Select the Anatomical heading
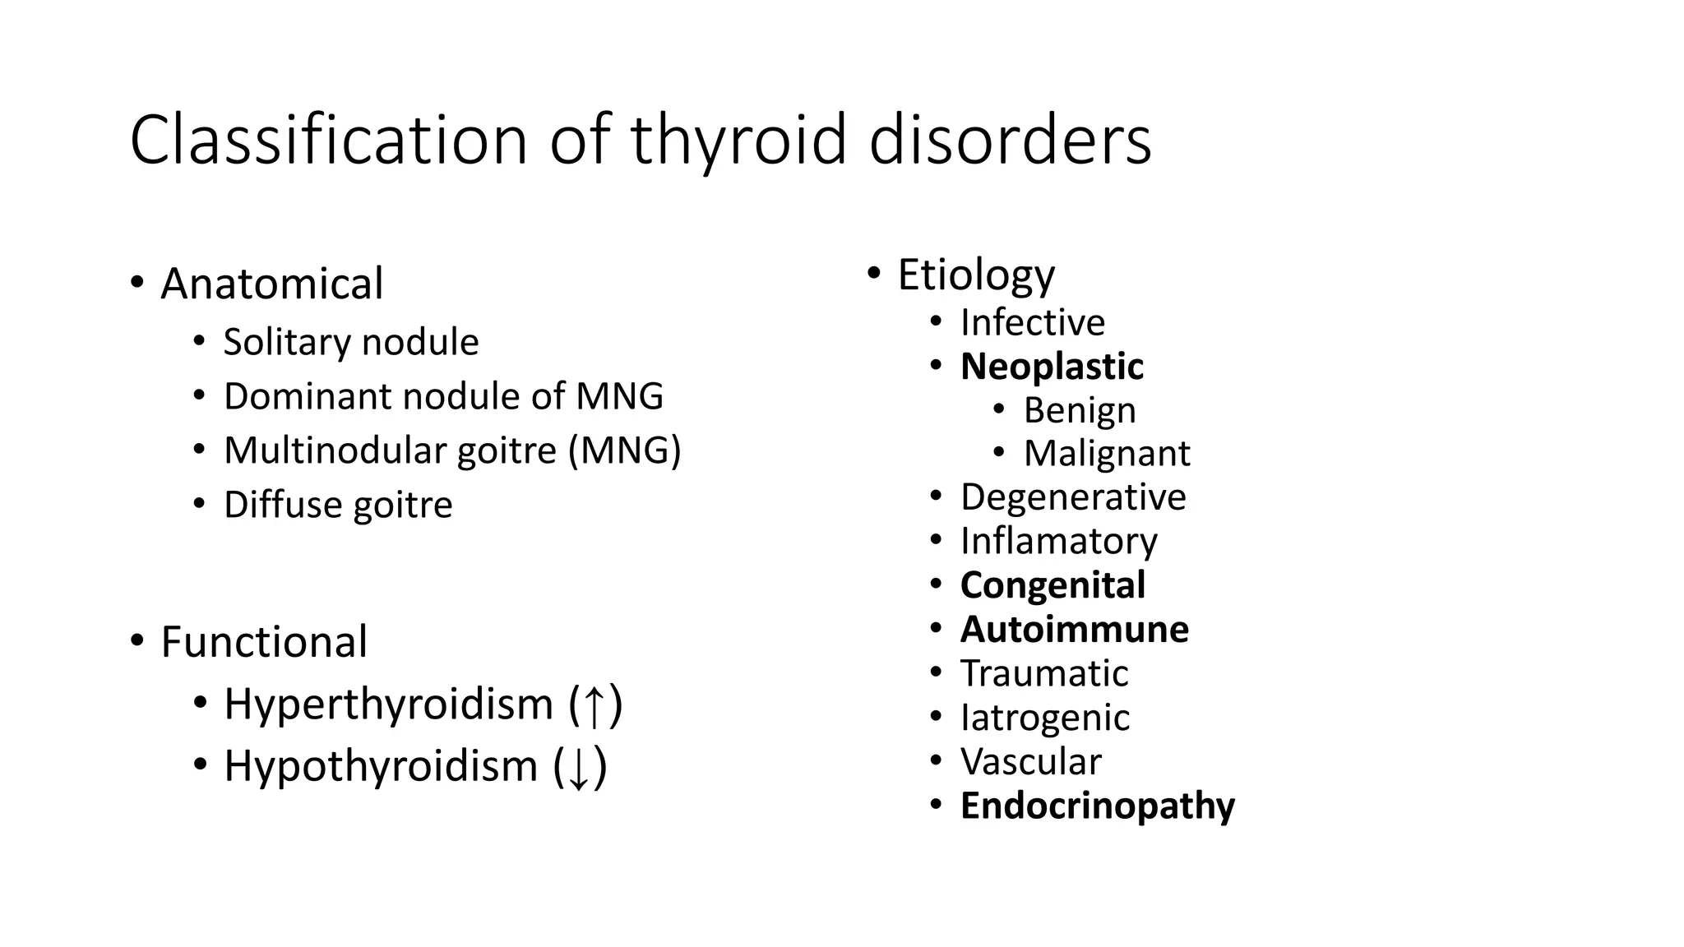click(x=271, y=284)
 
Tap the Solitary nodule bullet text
click(x=350, y=342)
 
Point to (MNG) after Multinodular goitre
click(x=625, y=450)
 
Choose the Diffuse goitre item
click(x=337, y=505)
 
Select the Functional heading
click(x=263, y=642)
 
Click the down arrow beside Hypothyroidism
click(x=579, y=768)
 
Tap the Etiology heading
click(x=975, y=275)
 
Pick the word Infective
click(x=1032, y=322)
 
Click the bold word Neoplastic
click(x=1051, y=367)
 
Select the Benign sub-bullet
click(x=1079, y=410)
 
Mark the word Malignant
click(x=1106, y=454)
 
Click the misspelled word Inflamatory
click(x=1058, y=541)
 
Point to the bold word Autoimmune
click(x=1074, y=630)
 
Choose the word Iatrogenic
click(x=1044, y=718)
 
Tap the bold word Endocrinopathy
click(x=1097, y=806)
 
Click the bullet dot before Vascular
click(x=936, y=760)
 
